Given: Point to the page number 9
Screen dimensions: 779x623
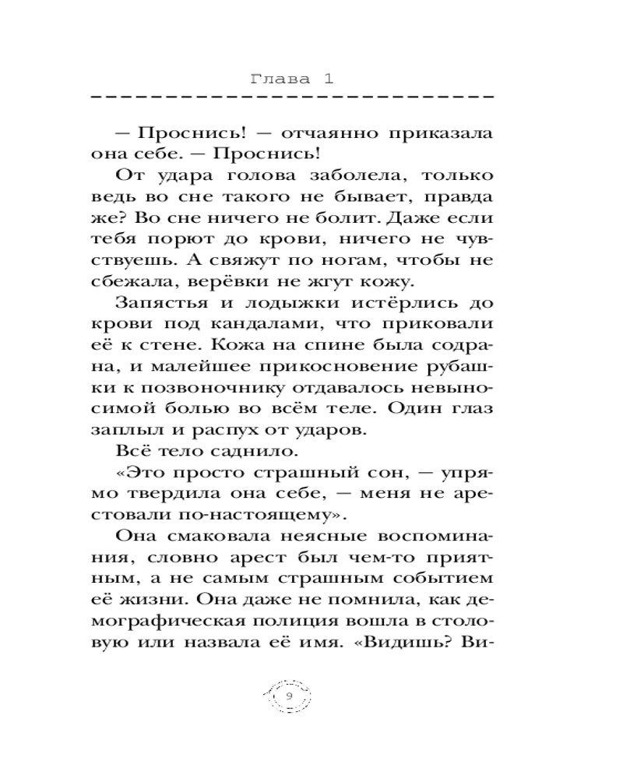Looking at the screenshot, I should pos(289,696).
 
